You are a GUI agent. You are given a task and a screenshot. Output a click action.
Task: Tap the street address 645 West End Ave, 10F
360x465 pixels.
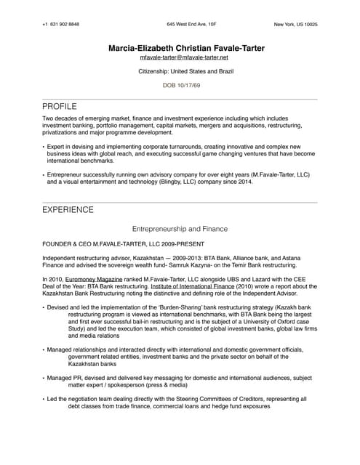(191, 25)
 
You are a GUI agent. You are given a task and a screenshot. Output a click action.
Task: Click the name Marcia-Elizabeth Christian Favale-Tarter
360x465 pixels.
(186, 48)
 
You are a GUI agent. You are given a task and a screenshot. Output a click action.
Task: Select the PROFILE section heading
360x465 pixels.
(60, 106)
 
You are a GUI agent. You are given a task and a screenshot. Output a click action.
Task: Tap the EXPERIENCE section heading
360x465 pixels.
(68, 210)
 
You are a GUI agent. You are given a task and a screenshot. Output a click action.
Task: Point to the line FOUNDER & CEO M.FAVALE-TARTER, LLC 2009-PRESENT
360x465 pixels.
(123, 243)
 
